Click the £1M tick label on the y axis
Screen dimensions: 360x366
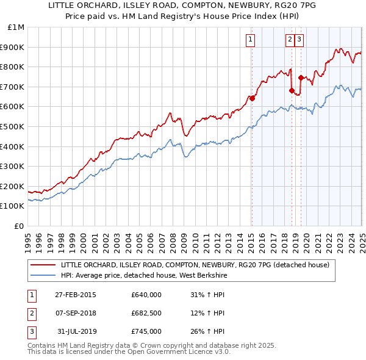(x=16, y=27)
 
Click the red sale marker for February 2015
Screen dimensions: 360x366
(x=252, y=98)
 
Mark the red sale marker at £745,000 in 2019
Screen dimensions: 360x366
(x=301, y=77)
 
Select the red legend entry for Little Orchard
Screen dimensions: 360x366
(x=195, y=265)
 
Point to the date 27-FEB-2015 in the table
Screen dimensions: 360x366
(x=76, y=295)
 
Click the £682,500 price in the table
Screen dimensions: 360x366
(x=146, y=313)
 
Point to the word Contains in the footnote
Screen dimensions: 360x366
(x=43, y=345)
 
